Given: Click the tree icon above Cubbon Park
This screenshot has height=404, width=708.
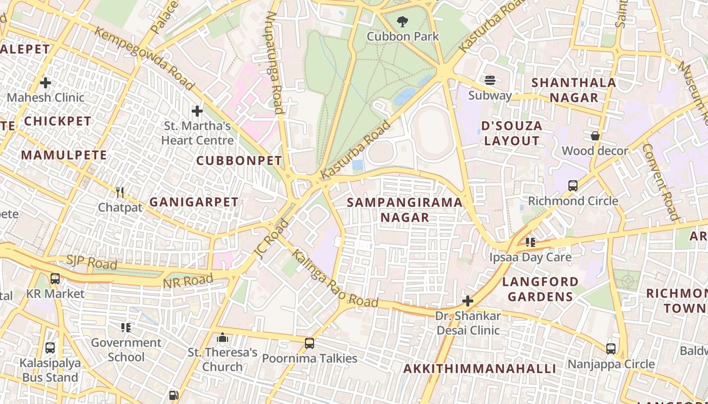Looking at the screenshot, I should tap(403, 22).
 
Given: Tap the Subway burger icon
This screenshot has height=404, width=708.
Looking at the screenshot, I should tap(490, 80).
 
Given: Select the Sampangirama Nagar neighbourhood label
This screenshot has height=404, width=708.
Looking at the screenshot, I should tap(405, 210).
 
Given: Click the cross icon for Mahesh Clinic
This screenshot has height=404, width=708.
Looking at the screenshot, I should tap(46, 82).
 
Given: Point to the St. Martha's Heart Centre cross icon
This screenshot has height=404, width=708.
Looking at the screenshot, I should tap(197, 111).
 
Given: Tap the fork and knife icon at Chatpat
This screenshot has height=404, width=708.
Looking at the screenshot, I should tap(120, 192).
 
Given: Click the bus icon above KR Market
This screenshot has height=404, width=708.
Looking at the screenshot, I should tap(55, 278).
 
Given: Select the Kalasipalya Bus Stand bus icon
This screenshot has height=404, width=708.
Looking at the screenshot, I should tap(50, 347).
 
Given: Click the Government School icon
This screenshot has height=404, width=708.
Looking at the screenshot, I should tap(126, 328).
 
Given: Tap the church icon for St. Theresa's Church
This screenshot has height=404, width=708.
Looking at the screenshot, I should tap(223, 337).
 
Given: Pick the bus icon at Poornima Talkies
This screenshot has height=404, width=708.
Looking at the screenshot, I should tap(309, 343).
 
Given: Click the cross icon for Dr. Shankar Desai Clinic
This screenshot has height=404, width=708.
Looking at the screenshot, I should tap(468, 301).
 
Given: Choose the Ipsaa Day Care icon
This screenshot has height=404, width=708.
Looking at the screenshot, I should tap(530, 242).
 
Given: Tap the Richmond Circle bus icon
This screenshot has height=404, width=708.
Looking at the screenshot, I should tap(573, 186).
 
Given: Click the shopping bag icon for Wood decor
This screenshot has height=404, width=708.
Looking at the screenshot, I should tap(595, 136).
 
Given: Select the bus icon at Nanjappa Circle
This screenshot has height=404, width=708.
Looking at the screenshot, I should tap(611, 349).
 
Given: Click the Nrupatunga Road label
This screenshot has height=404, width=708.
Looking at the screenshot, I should tap(274, 62).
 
